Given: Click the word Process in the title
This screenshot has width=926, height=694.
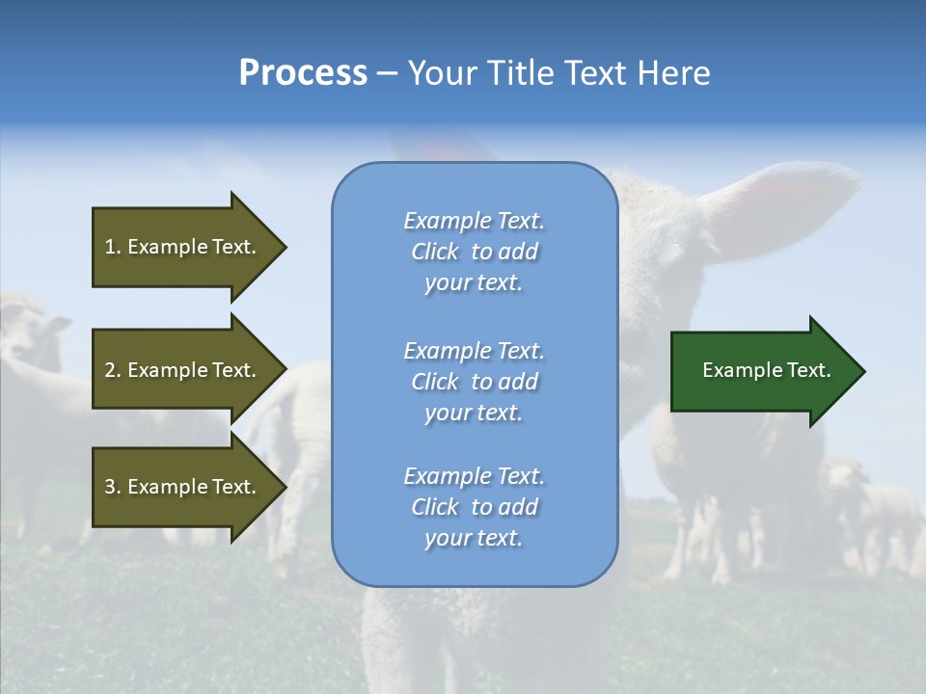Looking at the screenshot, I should coord(303,73).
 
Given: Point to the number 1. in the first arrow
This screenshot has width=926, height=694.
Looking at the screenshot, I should coord(113,247).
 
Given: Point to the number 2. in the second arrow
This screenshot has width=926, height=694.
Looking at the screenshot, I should coord(113,370).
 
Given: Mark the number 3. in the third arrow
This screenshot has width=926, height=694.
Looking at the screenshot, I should coord(113,487).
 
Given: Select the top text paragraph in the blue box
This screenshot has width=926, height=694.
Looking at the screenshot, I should coord(474,252).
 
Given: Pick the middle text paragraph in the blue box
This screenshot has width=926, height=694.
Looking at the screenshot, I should coord(474,382).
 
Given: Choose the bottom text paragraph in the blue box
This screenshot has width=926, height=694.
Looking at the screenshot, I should coord(474,507).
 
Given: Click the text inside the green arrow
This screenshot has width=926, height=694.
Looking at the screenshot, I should coord(767,370).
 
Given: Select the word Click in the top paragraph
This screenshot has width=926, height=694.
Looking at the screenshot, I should coord(434,252).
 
